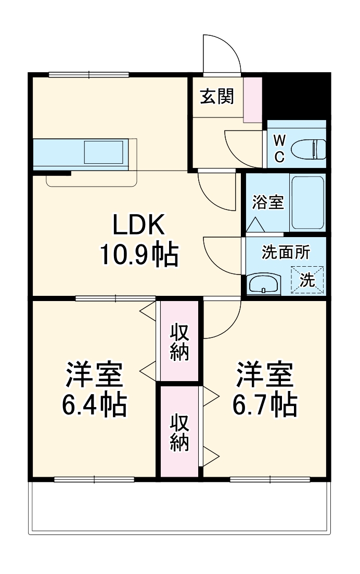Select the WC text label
point(279,149)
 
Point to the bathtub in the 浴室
point(307,203)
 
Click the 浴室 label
point(268,203)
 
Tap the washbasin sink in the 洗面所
point(265,283)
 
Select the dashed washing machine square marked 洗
point(307,280)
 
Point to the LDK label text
point(139,226)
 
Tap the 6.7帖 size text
point(265,405)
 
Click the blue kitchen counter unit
point(81,154)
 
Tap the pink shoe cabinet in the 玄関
point(253,99)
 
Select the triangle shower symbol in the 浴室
point(255,224)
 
